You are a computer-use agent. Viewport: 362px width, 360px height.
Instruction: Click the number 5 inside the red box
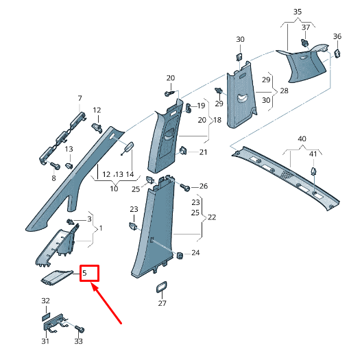click(x=85, y=273)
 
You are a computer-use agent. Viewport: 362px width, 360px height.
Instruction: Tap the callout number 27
click(x=162, y=302)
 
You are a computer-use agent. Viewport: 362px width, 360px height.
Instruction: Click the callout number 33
click(x=79, y=341)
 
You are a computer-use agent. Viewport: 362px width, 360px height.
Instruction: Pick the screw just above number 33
click(x=78, y=329)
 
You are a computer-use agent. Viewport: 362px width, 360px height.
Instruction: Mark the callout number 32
click(x=45, y=301)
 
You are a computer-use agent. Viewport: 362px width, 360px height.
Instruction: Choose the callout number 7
click(x=80, y=98)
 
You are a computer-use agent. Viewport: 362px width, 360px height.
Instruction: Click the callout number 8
click(x=53, y=178)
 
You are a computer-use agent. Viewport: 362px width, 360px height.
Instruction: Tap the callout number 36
click(x=337, y=36)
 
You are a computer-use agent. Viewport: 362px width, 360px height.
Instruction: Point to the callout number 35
click(x=298, y=12)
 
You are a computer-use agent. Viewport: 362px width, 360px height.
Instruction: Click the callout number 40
click(x=302, y=139)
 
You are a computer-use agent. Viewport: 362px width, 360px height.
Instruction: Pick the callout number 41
click(x=313, y=154)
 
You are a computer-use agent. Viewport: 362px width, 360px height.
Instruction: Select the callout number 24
click(x=196, y=253)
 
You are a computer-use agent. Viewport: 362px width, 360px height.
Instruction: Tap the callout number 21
click(x=203, y=152)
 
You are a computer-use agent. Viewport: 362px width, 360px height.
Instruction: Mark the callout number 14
click(x=130, y=174)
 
